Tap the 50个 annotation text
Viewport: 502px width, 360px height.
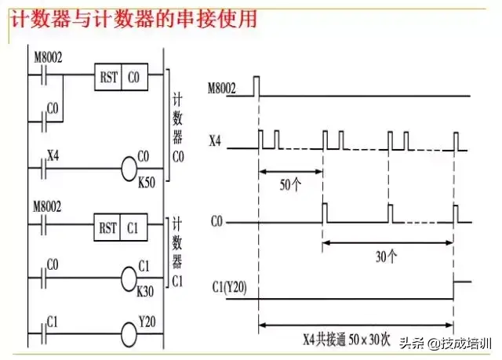pyautogui.click(x=290, y=187)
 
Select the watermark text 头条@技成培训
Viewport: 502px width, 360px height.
pyautogui.click(x=444, y=343)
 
